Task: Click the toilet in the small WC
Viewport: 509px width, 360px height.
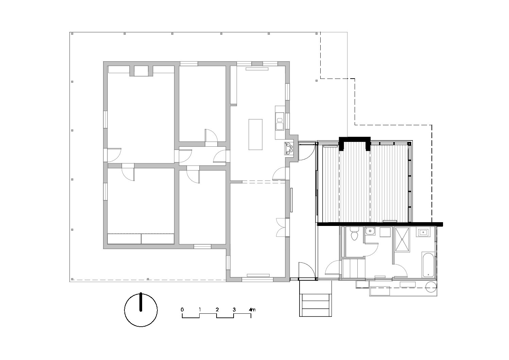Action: [x=354, y=234]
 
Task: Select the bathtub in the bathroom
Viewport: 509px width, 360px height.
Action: [x=428, y=264]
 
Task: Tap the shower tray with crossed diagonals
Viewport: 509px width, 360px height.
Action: [x=402, y=240]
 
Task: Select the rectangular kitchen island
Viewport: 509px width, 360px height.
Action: [x=255, y=134]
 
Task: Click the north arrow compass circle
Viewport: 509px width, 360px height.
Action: [x=141, y=310]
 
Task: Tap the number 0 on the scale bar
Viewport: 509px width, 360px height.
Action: [x=182, y=310]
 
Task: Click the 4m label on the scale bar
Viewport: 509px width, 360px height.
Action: [x=252, y=310]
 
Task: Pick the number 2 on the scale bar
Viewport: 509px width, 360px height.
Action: [x=217, y=310]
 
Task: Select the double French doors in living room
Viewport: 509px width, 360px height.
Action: [x=281, y=227]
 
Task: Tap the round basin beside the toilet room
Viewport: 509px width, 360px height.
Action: [x=370, y=231]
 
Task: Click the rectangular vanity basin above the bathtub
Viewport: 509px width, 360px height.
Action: [x=423, y=232]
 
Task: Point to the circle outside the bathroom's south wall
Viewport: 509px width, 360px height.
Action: [x=431, y=287]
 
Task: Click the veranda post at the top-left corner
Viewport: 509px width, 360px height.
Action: [x=72, y=34]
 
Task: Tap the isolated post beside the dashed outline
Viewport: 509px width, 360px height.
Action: [x=317, y=81]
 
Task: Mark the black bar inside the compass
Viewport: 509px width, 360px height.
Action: [x=141, y=302]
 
